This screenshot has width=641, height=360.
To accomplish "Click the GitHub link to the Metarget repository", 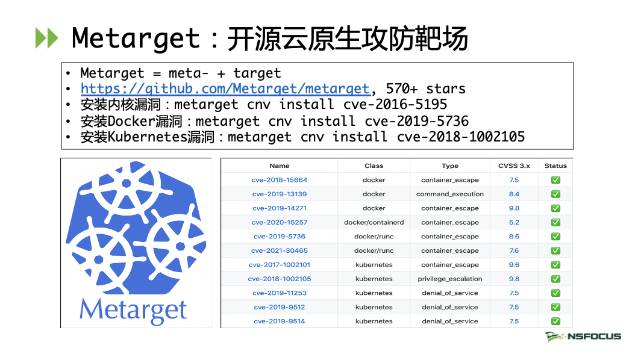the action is point(225,88).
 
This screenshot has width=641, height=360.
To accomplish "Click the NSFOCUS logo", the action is point(583,337).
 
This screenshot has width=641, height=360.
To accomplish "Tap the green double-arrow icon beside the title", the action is point(46,38).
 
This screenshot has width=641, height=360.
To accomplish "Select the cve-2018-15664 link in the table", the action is point(279,180).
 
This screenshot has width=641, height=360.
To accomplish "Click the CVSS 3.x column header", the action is point(514,166).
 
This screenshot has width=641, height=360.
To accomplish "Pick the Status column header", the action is point(555,166).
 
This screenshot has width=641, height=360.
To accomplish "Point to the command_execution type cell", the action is point(449,194).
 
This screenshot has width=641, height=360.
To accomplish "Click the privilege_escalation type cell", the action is point(449,279).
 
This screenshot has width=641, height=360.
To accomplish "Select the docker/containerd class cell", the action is point(374,222).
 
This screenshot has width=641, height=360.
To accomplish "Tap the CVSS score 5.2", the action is point(514,222).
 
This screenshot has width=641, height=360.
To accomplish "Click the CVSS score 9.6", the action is point(514,265).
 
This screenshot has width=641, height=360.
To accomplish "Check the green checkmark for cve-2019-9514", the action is point(555,321).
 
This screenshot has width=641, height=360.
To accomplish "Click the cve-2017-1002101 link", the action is point(279,265).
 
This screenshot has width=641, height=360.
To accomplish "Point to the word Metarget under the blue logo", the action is point(133,310).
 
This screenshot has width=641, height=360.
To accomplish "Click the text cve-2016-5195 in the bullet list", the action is point(395,105).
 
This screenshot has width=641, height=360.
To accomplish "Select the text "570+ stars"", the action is point(425,88).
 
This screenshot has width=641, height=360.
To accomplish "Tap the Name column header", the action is point(279,166).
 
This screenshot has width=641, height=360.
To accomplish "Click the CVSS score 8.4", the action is point(514,194).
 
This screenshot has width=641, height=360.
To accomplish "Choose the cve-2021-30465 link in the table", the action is point(279,250).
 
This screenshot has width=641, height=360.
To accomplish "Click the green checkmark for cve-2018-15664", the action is point(555,180).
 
